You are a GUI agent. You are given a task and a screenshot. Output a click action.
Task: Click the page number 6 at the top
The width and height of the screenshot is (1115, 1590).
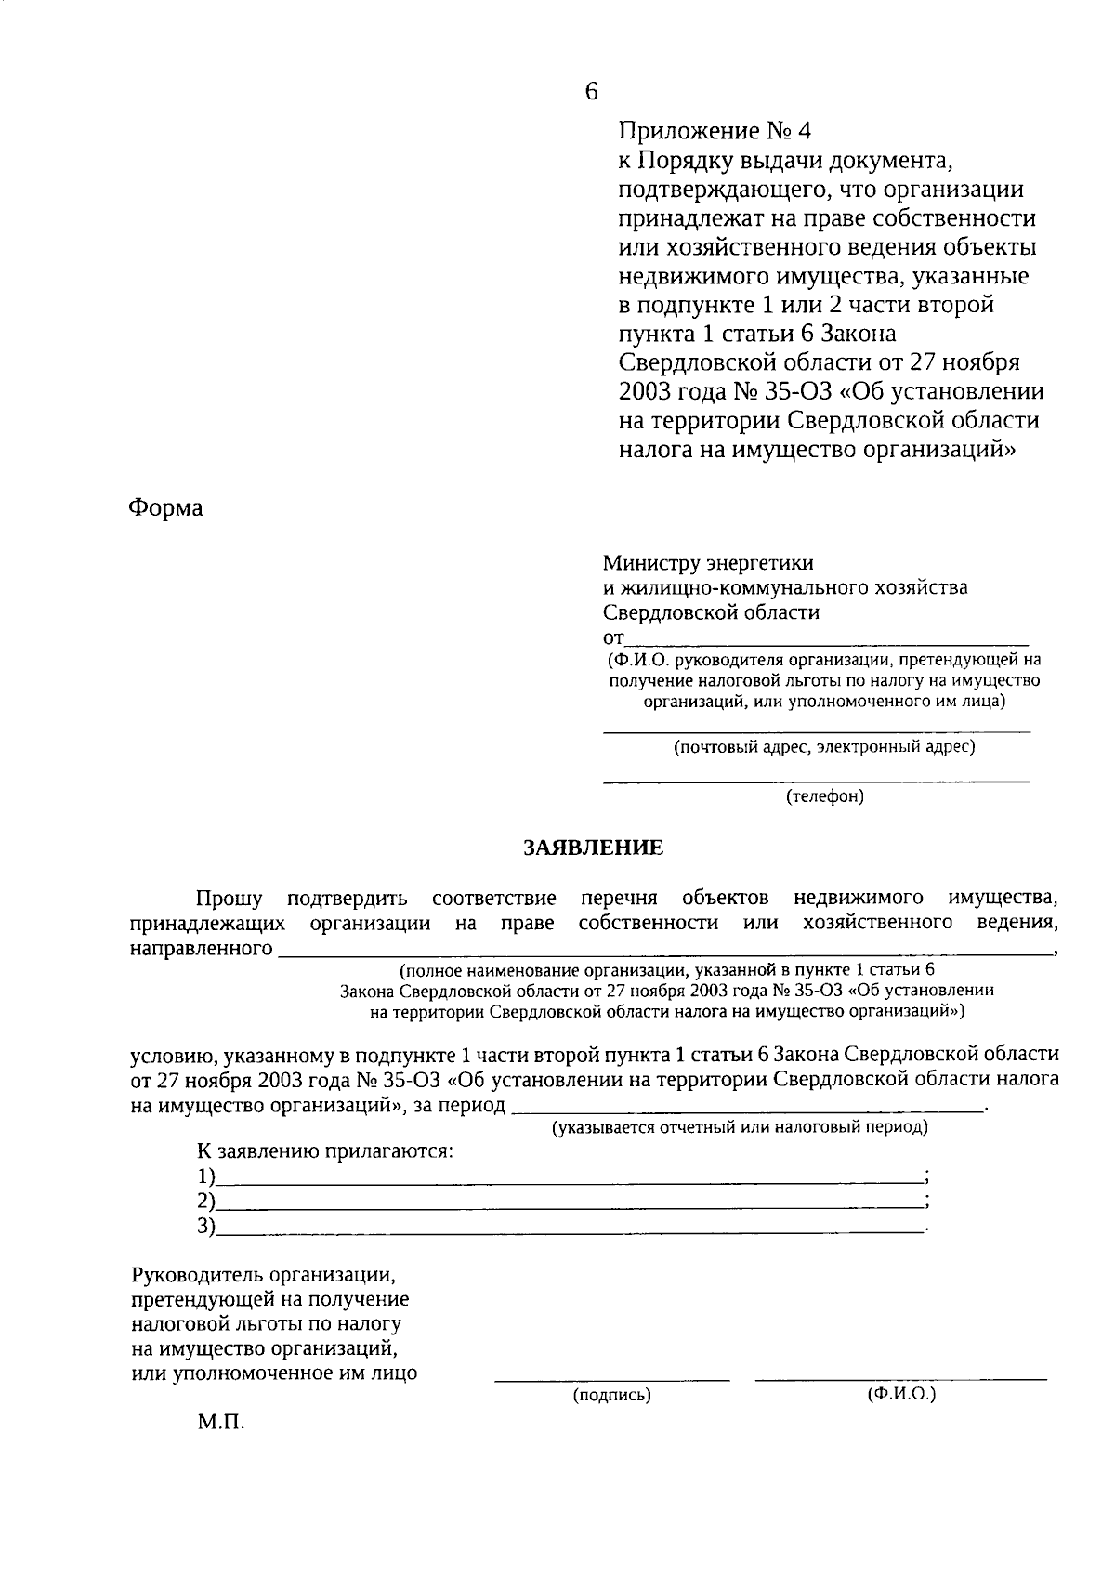coord(592,91)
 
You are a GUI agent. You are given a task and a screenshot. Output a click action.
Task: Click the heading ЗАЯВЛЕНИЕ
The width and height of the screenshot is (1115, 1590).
coord(594,848)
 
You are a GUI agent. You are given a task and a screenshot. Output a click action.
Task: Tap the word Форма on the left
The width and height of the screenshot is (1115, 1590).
coord(165,508)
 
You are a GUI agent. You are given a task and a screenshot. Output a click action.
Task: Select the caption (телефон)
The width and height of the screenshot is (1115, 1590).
coord(824,796)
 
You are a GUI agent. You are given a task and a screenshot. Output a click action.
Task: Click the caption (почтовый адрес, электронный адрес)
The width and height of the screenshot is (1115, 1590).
coord(824,746)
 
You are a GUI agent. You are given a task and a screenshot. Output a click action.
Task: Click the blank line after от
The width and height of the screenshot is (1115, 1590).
coord(826,640)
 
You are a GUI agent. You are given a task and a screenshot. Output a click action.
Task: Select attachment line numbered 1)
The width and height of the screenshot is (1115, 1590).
coord(567,1178)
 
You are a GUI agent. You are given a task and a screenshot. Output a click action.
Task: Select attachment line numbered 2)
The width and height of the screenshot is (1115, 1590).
coord(567,1203)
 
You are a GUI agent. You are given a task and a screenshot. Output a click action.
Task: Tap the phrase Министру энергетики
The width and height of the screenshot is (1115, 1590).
coord(708,563)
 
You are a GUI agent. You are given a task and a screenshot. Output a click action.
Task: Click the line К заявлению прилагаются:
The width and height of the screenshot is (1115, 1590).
coord(325,1151)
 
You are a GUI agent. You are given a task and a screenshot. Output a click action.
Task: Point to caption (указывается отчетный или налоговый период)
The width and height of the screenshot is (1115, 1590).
coord(740,1128)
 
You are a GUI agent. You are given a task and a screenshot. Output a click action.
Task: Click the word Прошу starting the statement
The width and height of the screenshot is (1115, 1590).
coord(229,898)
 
